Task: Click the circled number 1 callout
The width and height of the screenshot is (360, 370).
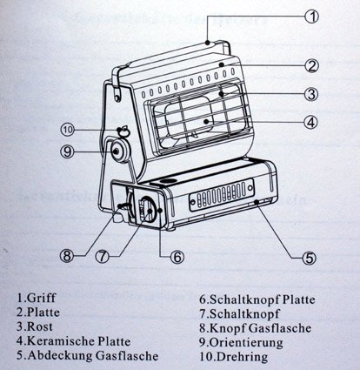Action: [x=311, y=17]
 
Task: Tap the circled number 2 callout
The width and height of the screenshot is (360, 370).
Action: [x=311, y=66]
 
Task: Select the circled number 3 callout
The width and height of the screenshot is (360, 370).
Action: [x=311, y=94]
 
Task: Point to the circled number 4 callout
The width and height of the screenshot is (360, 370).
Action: [x=311, y=123]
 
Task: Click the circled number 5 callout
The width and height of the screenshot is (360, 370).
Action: [x=310, y=258]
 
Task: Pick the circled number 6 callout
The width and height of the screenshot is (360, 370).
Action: [x=177, y=257]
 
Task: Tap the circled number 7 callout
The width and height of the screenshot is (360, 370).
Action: [x=103, y=256]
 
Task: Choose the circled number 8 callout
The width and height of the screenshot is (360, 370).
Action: [x=67, y=256]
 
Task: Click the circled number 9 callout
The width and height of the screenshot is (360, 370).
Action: [x=67, y=151]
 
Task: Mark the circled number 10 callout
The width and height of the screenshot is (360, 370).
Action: [x=68, y=130]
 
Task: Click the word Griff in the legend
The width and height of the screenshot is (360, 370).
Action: [x=41, y=298]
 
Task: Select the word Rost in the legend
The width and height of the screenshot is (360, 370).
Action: [x=40, y=326]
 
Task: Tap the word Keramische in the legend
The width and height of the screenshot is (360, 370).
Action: [x=61, y=341]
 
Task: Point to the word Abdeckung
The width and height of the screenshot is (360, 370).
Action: [x=60, y=356]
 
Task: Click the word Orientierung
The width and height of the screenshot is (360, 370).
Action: [x=246, y=343]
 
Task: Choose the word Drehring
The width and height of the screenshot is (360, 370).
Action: [x=242, y=357]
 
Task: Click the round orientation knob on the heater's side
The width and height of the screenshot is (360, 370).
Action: [x=119, y=151]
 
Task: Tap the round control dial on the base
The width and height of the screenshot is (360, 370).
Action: [x=147, y=211]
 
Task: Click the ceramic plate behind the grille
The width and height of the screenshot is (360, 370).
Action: [x=189, y=116]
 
